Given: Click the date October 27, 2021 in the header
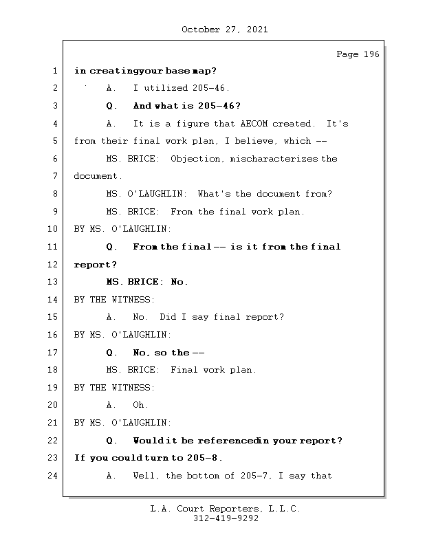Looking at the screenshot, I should [224, 30].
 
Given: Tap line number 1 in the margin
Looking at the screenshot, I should [54, 71].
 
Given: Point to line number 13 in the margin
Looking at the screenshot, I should [52, 282].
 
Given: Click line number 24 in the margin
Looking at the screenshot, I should [52, 475].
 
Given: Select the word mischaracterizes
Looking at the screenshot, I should [275, 159].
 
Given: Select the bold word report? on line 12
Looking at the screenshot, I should [96, 265].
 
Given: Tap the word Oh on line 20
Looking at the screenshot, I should [140, 405].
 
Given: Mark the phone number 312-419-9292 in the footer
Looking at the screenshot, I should [226, 519].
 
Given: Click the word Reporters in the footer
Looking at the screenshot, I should [230, 509].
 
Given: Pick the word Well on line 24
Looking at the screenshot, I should [146, 475].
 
